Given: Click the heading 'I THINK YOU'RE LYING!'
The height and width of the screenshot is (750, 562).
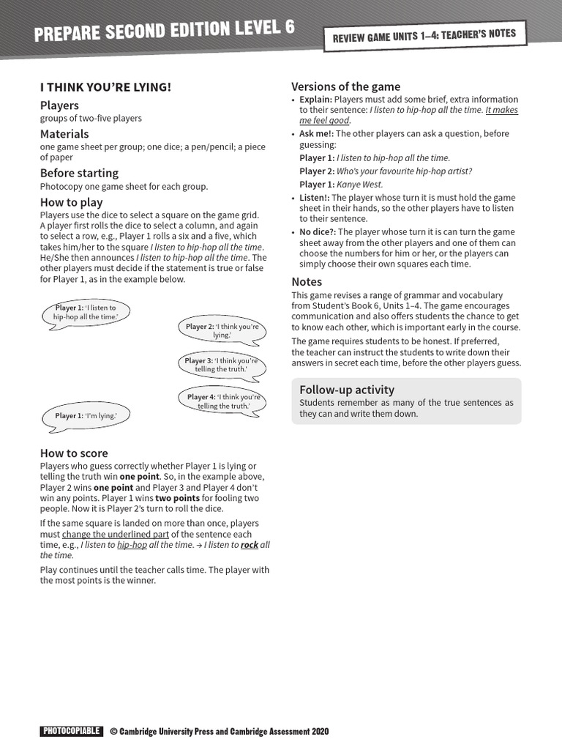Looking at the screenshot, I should pos(105,87).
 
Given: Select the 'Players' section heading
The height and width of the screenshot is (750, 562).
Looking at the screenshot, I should pos(59,105).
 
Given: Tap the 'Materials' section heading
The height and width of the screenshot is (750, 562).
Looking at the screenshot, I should pos(64,134).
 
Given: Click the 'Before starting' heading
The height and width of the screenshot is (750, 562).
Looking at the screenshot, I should pos(79,173).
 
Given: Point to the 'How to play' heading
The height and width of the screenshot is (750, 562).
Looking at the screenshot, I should pos(71,202).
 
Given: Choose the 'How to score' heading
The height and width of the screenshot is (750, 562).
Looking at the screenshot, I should pos(74,453).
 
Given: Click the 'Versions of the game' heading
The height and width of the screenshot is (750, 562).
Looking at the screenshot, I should pos(345,86).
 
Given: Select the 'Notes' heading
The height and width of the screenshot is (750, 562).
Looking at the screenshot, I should pos(307,282).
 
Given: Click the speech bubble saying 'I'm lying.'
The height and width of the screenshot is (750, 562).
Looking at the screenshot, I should pos(86,416).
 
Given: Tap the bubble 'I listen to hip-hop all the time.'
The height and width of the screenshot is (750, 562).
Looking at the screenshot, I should pos(85,312).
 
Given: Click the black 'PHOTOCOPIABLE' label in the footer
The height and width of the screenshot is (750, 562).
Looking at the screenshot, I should pos(71,731).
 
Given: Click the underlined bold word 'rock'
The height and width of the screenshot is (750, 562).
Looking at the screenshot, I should pos(250,545).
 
